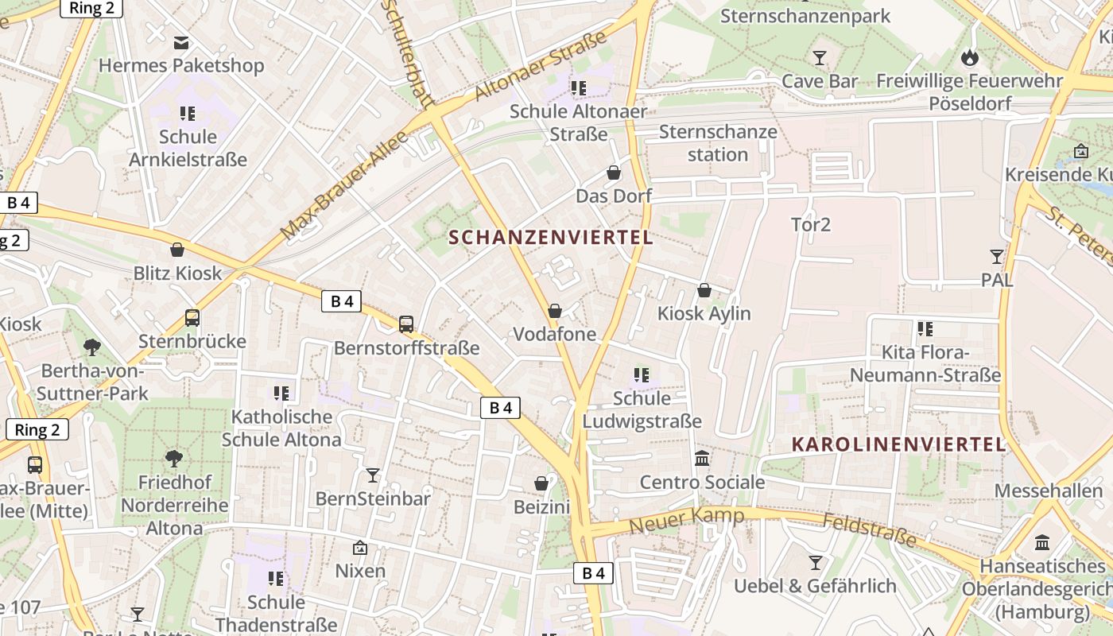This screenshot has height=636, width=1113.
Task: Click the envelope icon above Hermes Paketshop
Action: [x=182, y=42]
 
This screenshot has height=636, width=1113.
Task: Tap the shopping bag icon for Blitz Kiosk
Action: [x=177, y=250]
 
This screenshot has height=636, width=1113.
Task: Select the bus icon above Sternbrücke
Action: [x=192, y=318]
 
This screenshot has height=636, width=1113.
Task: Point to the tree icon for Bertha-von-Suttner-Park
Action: [x=92, y=347]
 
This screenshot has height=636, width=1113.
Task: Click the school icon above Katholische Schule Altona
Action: [x=281, y=393]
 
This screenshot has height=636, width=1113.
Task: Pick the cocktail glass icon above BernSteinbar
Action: [x=372, y=475]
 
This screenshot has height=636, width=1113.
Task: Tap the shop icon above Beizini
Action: [x=541, y=483]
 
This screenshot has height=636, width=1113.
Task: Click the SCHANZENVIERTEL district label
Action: [x=551, y=237]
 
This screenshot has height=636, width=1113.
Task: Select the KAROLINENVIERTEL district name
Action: [x=899, y=444]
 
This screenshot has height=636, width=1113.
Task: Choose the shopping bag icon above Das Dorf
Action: [x=614, y=173]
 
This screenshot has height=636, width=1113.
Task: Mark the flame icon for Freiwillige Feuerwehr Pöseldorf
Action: [x=969, y=57]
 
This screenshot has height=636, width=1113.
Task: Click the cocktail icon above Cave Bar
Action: [x=820, y=58]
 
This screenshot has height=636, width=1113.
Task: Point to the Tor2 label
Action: [x=811, y=225]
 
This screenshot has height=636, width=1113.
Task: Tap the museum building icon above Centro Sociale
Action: [x=702, y=459]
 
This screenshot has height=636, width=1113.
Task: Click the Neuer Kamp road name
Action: [x=687, y=521]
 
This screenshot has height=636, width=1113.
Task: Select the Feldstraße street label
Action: [x=869, y=529]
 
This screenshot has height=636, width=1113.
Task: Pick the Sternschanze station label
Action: [x=718, y=142]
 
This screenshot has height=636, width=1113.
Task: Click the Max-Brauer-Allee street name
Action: [x=345, y=185]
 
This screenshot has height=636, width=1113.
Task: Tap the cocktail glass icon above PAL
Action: [x=996, y=256]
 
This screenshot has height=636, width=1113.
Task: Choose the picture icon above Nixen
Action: [x=360, y=548]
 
